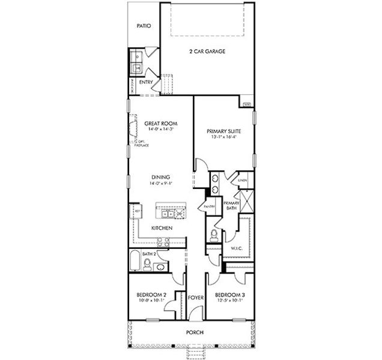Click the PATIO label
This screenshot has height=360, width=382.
pyautogui.click(x=143, y=26)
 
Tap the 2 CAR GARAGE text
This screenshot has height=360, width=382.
pyautogui.click(x=207, y=52)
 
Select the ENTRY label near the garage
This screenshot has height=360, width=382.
pyautogui.click(x=145, y=82)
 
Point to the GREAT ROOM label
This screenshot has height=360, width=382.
pyautogui.click(x=159, y=123)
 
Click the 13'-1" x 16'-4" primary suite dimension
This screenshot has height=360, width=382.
pyautogui.click(x=223, y=137)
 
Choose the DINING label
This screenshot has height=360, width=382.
pyautogui.click(x=160, y=176)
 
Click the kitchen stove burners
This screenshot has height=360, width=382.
pyautogui.click(x=163, y=242)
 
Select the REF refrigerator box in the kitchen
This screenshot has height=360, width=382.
pyautogui.click(x=138, y=212)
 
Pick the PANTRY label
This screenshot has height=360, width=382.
pyautogui.click(x=209, y=206)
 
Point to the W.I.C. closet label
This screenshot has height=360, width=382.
pyautogui.click(x=236, y=248)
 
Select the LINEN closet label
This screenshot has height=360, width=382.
pyautogui.click(x=243, y=179)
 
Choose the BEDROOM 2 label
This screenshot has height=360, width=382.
pyautogui.click(x=151, y=295)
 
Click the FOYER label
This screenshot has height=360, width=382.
pyautogui.click(x=194, y=298)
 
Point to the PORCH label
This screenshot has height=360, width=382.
pyautogui.click(x=194, y=332)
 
